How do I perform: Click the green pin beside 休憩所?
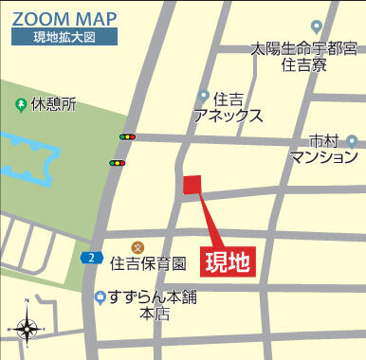pyautogui.click(x=21, y=103)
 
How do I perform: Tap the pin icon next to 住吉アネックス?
pyautogui.click(x=203, y=95)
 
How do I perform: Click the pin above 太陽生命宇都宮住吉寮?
pyautogui.click(x=317, y=27)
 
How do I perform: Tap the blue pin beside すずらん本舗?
pyautogui.click(x=100, y=297)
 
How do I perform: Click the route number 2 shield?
pyautogui.click(x=90, y=257)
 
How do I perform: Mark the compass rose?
pyautogui.click(x=27, y=329)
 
